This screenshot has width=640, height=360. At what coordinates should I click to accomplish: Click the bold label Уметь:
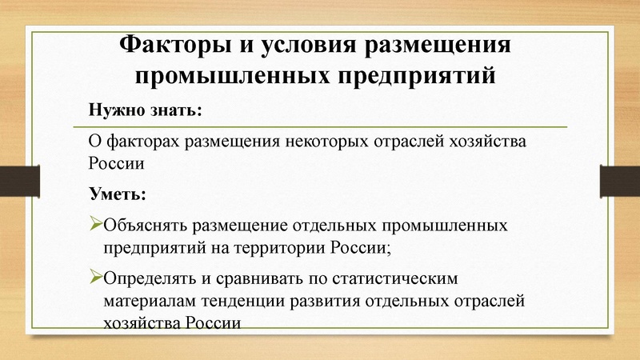[117, 194]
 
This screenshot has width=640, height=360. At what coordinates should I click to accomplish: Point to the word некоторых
[327, 144]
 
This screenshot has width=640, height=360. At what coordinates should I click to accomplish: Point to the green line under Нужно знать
[320, 127]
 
